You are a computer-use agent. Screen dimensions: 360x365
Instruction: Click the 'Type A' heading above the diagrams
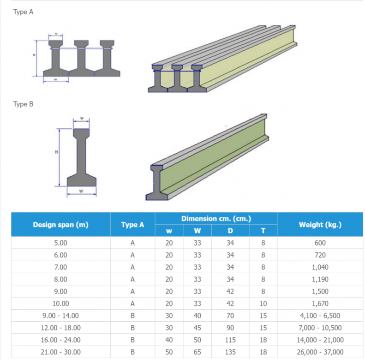point(23,12)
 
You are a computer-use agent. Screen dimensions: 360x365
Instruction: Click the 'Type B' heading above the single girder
point(23,104)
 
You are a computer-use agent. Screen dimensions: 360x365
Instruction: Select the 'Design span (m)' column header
point(60,225)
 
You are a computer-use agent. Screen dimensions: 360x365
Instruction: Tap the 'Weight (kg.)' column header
point(320,225)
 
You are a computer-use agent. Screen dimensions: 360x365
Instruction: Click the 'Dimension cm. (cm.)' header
point(216,219)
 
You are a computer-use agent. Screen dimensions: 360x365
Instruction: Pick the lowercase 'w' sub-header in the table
point(169,231)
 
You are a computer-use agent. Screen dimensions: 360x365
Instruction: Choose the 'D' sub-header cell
point(230,231)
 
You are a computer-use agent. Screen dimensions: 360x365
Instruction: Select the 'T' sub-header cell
point(263,231)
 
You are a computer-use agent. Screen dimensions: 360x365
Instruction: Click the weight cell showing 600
point(320,243)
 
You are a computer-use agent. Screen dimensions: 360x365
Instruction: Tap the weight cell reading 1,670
point(320,304)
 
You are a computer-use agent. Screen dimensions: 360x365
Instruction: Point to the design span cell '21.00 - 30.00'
point(60,353)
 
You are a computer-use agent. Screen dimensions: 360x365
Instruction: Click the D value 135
point(230,353)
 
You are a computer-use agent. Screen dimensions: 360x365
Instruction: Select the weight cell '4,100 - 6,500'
point(320,316)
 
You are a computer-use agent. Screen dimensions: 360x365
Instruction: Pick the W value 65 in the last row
point(197,353)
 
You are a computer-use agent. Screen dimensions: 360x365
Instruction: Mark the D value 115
point(230,341)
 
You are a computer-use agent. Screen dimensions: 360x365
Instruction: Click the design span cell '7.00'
point(60,267)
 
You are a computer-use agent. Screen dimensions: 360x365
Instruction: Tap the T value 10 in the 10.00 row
point(263,304)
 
